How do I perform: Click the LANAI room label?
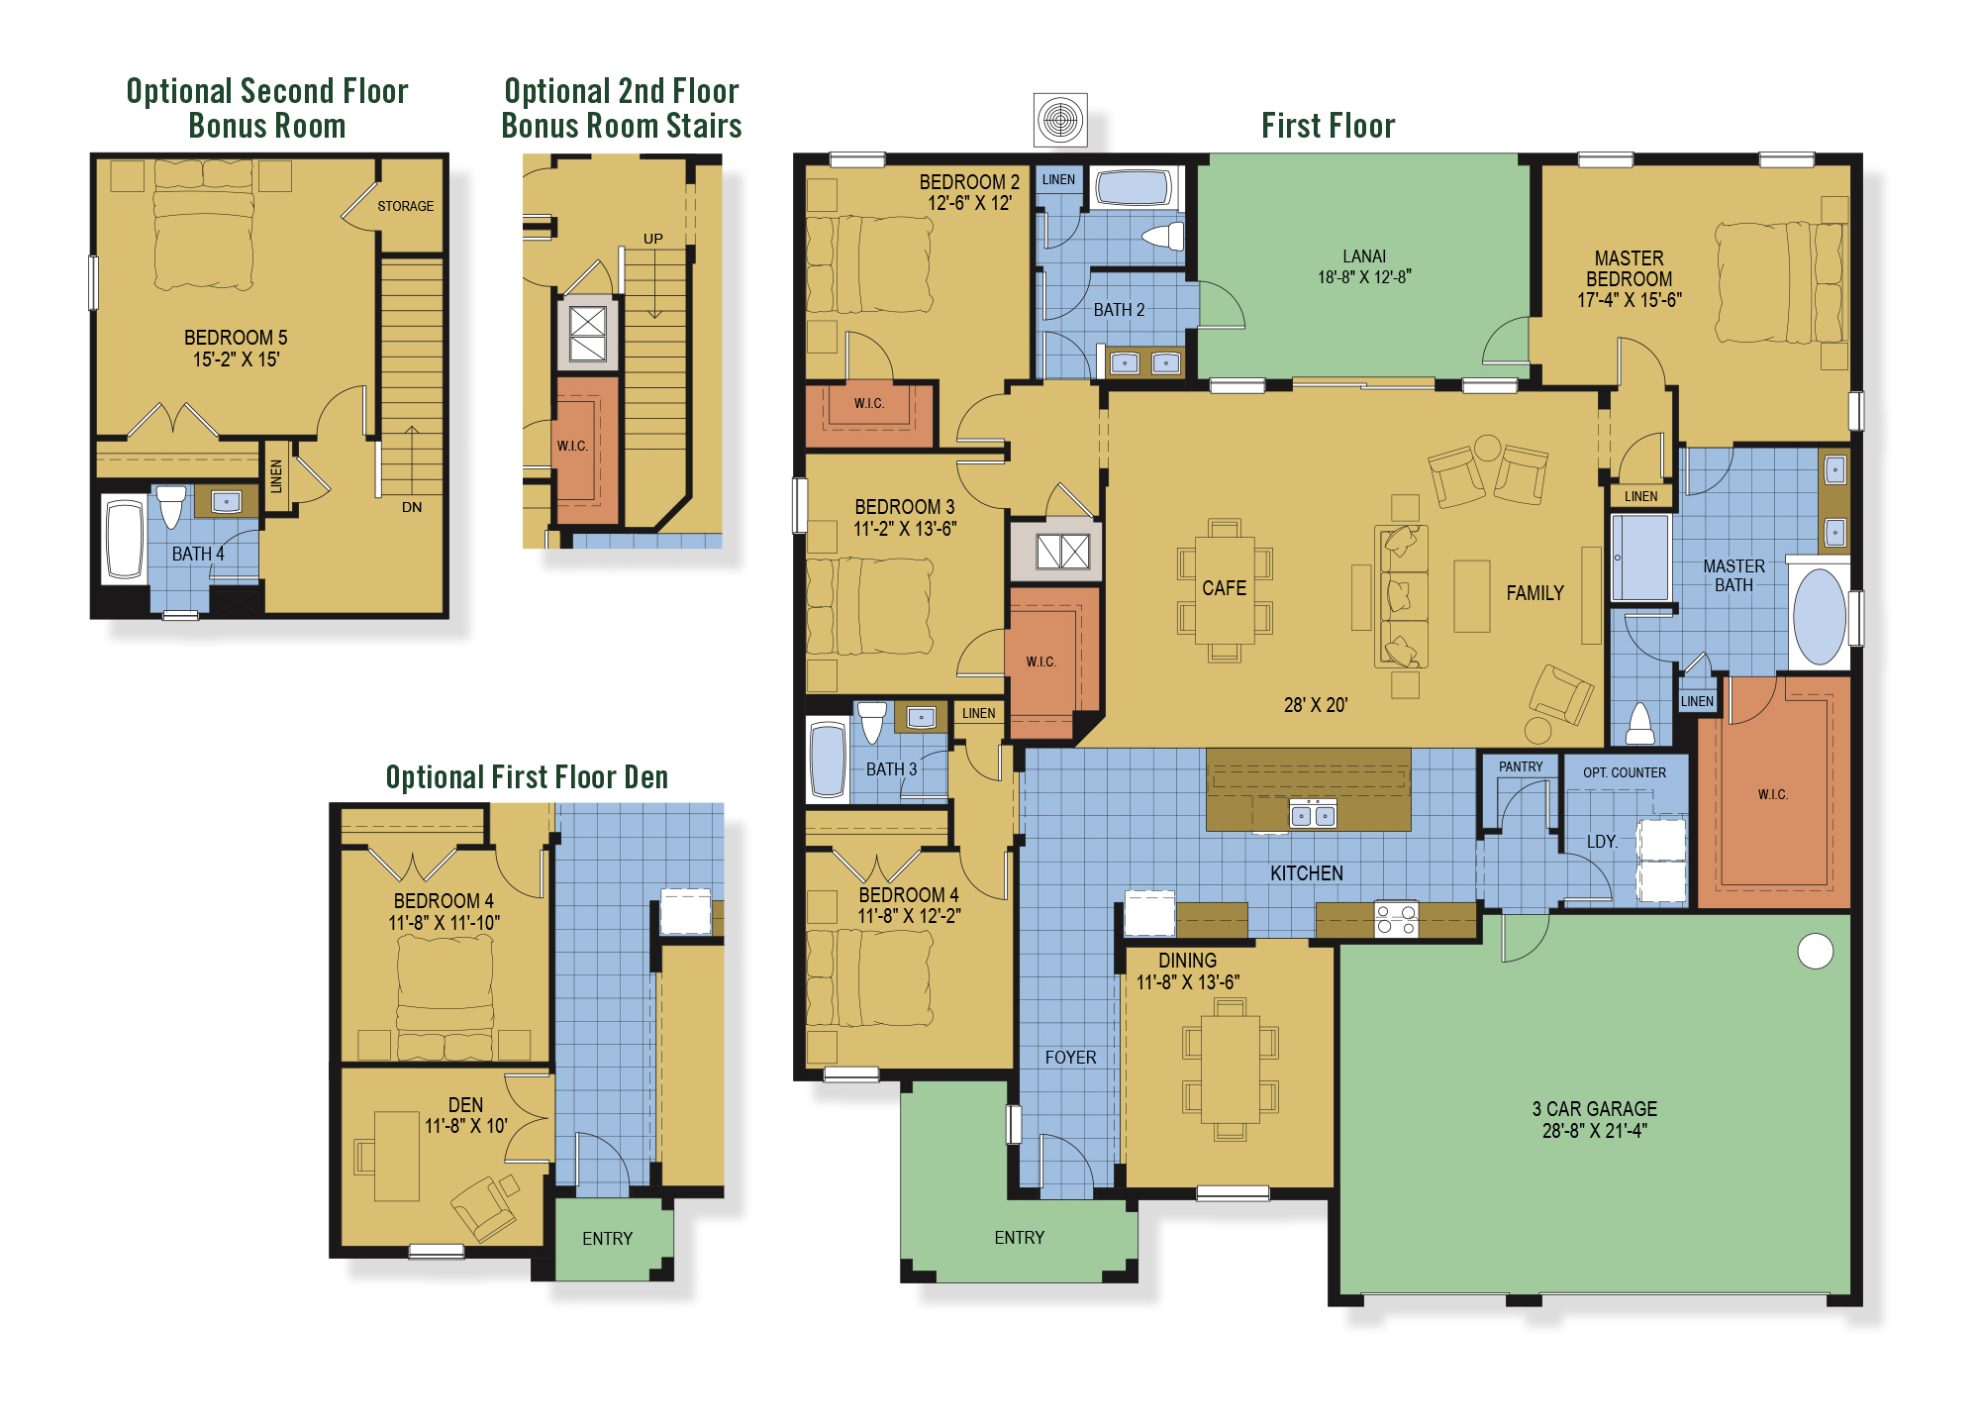pyautogui.click(x=1363, y=256)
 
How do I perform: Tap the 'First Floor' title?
pyautogui.click(x=1328, y=126)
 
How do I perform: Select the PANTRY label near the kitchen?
pyautogui.click(x=1520, y=766)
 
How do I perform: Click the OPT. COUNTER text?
pyautogui.click(x=1624, y=772)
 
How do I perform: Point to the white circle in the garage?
pyautogui.click(x=1815, y=951)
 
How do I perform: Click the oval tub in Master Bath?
pyautogui.click(x=1819, y=616)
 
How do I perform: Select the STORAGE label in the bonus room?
pyautogui.click(x=405, y=206)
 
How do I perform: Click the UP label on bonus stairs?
pyautogui.click(x=652, y=239)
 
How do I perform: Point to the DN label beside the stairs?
pyautogui.click(x=412, y=507)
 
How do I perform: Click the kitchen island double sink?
pyautogui.click(x=1313, y=815)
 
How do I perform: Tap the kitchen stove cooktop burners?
pyautogui.click(x=1396, y=919)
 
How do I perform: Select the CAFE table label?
pyautogui.click(x=1224, y=588)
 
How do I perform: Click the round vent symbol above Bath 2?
pyautogui.click(x=1060, y=120)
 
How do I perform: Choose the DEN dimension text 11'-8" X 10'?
pyautogui.click(x=465, y=1126)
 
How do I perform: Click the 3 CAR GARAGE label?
pyautogui.click(x=1594, y=1109)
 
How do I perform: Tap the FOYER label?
pyautogui.click(x=1070, y=1058)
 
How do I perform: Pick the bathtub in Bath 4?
pyautogui.click(x=125, y=540)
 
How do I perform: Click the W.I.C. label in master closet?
pyautogui.click(x=1772, y=794)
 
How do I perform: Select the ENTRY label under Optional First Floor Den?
pyautogui.click(x=607, y=1239)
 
